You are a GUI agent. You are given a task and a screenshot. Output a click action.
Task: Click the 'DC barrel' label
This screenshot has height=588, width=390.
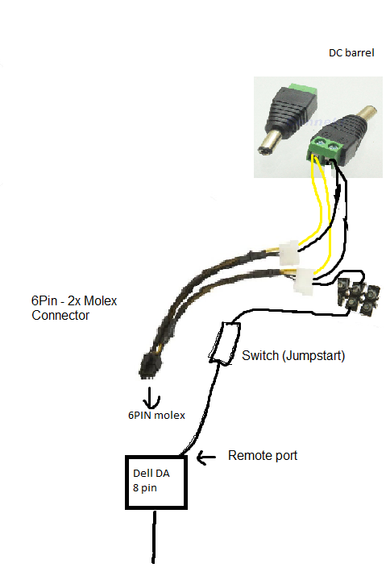(x=351, y=53)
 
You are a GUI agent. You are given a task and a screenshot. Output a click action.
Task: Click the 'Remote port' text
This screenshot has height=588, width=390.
(x=263, y=456)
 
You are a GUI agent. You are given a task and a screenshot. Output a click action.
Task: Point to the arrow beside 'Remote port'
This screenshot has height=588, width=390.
(x=205, y=458)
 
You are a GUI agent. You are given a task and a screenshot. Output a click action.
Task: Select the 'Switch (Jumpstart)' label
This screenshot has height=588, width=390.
(x=293, y=355)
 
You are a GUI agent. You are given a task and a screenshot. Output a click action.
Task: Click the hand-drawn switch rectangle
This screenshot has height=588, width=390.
(x=225, y=343)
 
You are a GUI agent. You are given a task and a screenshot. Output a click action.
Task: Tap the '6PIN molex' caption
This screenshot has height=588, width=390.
(x=156, y=415)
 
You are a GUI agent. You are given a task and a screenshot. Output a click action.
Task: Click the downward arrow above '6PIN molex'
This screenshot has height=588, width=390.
(x=151, y=398)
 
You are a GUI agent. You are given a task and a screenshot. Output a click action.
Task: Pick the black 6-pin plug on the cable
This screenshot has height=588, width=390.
(x=150, y=366)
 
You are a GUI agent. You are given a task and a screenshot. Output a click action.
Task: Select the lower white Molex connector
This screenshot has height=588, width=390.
(x=303, y=281)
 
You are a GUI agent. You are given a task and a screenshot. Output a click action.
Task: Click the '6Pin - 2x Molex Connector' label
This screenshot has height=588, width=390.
(x=74, y=308)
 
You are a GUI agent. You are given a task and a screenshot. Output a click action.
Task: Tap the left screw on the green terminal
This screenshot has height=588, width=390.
(x=320, y=143)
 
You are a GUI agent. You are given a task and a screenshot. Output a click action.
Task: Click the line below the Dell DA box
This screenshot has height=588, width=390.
(x=154, y=536)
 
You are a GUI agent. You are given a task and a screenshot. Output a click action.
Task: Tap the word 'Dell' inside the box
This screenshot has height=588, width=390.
(x=142, y=474)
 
